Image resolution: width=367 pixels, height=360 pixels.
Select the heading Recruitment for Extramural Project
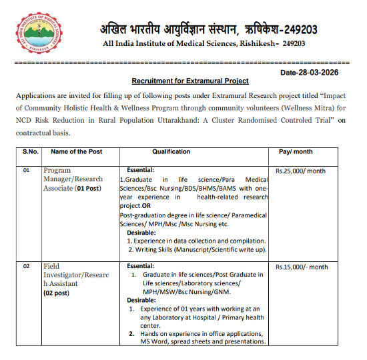click(x=190, y=81)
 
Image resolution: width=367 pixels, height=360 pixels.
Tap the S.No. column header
click(x=29, y=153)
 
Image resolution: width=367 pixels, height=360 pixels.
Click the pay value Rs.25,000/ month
click(x=300, y=171)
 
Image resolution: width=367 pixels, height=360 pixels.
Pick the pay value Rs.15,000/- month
click(x=302, y=267)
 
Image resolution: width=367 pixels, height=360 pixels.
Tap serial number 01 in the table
click(x=27, y=171)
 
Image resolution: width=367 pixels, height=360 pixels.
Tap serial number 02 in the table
click(x=27, y=266)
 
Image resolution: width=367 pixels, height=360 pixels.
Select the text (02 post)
click(x=58, y=293)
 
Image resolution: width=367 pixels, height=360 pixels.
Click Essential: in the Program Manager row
click(x=139, y=170)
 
